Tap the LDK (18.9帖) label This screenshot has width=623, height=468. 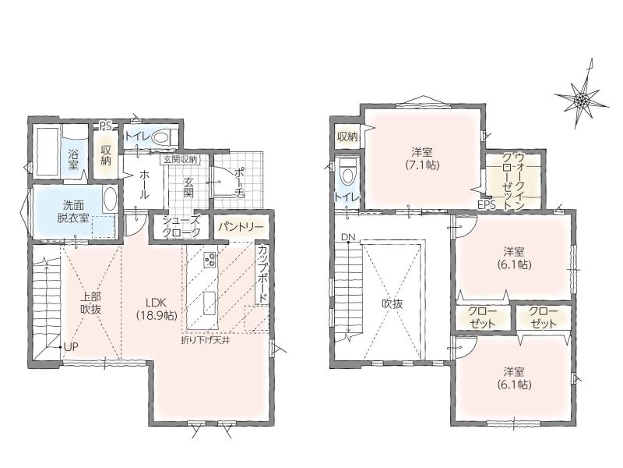[x=157, y=308]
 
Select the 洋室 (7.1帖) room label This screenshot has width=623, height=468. [x=422, y=158]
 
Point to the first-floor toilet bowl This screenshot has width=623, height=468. [x=162, y=137]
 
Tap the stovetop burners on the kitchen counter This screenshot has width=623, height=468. [x=209, y=260]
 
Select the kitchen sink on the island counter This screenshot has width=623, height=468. [x=209, y=303]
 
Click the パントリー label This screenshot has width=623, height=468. [x=241, y=227]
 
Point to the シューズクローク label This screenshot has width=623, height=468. [x=181, y=227]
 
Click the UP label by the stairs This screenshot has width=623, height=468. [x=71, y=346]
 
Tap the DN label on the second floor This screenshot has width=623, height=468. [x=347, y=238]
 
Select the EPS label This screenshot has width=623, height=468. [x=487, y=205]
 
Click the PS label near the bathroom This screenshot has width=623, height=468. [x=105, y=126]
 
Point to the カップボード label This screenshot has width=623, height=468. [x=262, y=275]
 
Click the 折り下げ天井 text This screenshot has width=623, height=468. [x=206, y=340]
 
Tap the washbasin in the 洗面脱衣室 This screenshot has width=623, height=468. [x=109, y=200]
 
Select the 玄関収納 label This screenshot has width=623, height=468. [x=181, y=160]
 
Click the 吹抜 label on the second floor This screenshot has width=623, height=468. [x=392, y=304]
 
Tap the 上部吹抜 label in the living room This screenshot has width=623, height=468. [x=91, y=303]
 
